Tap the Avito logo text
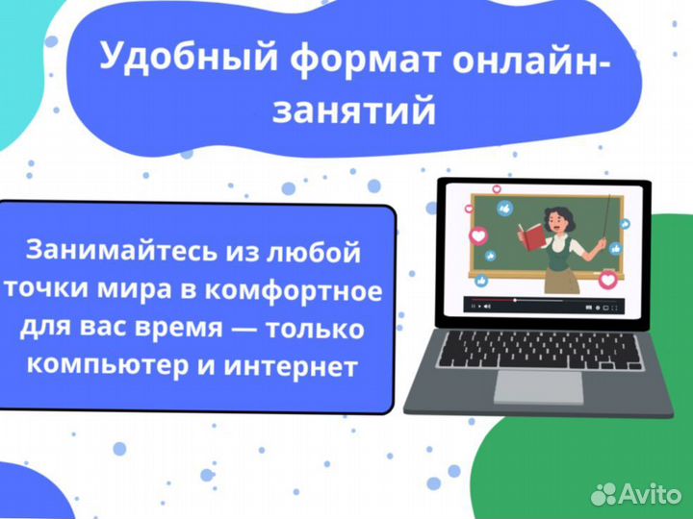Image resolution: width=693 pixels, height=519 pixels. tap(653, 494)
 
